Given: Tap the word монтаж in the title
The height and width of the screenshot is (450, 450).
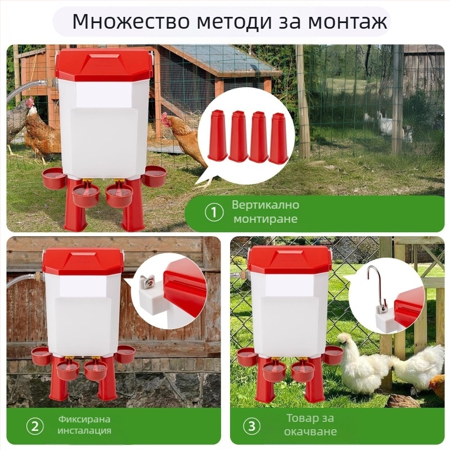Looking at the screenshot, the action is coord(347,22).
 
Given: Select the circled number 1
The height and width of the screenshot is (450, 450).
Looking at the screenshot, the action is coord(214,213).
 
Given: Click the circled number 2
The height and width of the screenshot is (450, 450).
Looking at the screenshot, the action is coord(35,426).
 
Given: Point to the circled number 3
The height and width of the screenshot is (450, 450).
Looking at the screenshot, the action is coord(251,426).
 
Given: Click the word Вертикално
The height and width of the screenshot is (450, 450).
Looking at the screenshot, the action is coord(265,205).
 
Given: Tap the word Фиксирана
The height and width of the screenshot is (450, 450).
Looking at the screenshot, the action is coord(84,419).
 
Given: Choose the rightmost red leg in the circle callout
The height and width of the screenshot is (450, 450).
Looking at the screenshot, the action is coord(278,138).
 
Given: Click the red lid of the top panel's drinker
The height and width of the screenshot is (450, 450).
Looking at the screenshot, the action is coord(103,65).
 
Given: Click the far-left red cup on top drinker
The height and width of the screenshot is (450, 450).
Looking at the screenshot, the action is coord(54,178).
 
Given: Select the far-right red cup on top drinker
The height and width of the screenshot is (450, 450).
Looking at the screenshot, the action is coord(154,176).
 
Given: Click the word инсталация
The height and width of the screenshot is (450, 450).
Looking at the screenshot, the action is coord(84,430).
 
